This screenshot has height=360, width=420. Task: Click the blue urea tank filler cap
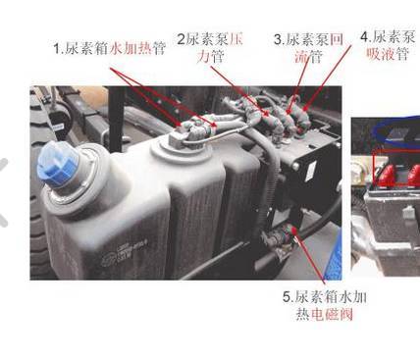coord(58,163)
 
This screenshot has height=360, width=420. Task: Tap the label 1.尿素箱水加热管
coord(110,48)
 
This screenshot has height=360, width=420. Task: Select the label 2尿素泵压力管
coord(210,48)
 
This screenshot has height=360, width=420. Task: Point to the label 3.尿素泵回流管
coord(308,48)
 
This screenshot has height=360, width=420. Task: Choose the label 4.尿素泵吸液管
coord(388,45)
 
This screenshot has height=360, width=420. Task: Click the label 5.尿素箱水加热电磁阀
coord(325,305)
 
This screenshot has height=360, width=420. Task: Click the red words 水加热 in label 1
coord(131,49)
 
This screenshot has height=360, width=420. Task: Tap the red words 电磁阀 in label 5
coord(332,315)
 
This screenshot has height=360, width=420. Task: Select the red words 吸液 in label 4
coord(381,54)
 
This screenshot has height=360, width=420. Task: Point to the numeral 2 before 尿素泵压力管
coord(181,39)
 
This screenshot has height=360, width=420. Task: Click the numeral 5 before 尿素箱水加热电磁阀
coord(287,297)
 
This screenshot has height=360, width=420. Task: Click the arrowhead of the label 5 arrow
coord(293,230)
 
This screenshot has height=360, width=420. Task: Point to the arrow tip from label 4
coord(304,109)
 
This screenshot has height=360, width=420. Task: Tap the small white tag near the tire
coord(58,127)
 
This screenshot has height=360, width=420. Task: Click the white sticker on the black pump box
coord(310,170)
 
